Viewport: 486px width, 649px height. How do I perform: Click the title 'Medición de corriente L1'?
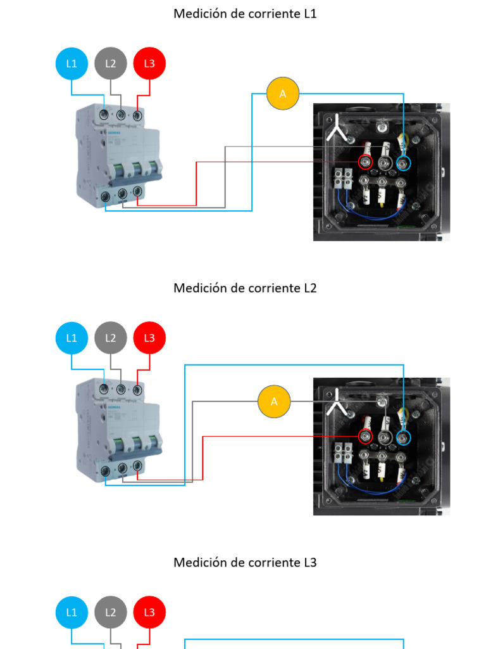click(245, 13)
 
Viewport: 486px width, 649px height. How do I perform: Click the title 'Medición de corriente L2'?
click(245, 288)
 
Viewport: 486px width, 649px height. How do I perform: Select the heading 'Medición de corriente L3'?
click(245, 562)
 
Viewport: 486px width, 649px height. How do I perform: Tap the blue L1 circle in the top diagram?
click(72, 63)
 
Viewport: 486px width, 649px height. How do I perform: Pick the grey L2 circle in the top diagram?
click(111, 63)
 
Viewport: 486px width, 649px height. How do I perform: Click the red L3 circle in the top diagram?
click(149, 63)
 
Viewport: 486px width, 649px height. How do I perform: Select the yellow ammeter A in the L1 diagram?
click(282, 94)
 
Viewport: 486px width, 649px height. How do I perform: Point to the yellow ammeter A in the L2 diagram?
click(274, 401)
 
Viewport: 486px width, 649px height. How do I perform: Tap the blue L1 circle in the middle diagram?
click(72, 338)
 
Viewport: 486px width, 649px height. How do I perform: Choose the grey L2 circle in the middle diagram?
click(111, 338)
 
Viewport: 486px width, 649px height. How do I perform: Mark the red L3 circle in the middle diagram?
click(149, 338)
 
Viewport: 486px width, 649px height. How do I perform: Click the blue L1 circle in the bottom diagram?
click(72, 612)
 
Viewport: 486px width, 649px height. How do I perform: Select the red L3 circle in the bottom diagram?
click(149, 612)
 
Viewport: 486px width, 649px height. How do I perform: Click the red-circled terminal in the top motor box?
click(365, 162)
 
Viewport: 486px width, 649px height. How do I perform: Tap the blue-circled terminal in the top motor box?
click(403, 163)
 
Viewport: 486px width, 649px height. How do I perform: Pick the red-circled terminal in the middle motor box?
click(365, 436)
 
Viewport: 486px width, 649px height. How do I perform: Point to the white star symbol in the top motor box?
click(337, 129)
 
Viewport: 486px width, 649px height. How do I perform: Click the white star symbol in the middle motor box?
click(337, 402)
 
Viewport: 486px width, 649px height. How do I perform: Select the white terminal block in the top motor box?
click(343, 179)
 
